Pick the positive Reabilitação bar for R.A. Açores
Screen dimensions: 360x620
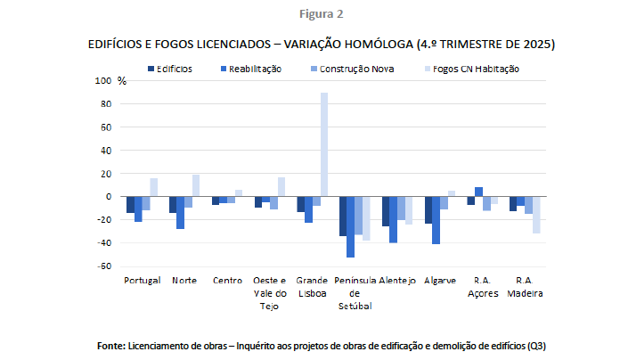pos(478,192)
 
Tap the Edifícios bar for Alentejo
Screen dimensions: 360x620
pos(386,211)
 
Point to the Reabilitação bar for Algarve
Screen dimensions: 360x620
pos(436,220)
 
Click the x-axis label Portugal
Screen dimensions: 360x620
pos(143,280)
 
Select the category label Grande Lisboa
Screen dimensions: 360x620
pos(313,285)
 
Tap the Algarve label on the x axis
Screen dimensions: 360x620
pos(442,280)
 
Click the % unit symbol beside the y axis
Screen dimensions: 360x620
pos(122,81)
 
